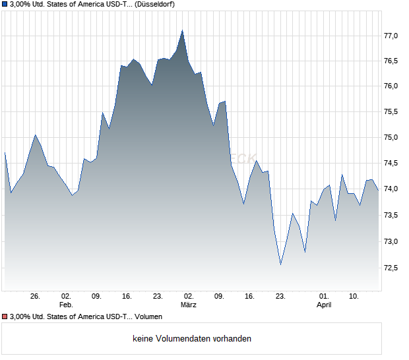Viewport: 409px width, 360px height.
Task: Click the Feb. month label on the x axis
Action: [65, 305]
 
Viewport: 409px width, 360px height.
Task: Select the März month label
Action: [189, 305]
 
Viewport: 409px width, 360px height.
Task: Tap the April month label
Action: [324, 305]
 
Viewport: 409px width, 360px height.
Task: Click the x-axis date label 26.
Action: [35, 297]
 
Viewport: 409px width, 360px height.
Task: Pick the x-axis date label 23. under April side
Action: [280, 297]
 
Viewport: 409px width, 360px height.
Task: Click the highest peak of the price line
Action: [183, 30]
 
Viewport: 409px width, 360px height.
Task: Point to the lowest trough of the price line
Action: [280, 264]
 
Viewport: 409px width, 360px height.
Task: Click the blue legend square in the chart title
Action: [5, 5]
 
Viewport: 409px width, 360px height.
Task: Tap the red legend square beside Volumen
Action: [5, 317]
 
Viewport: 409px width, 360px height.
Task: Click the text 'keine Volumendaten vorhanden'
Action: [192, 339]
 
